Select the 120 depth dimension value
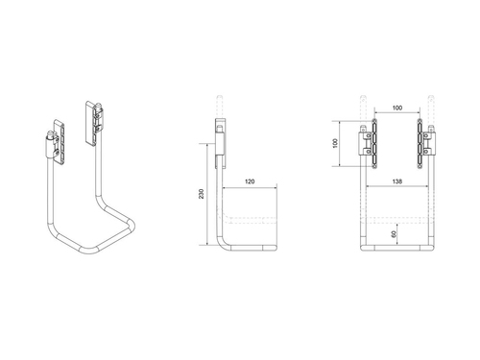coord(250,180)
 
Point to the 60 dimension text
coord(395,232)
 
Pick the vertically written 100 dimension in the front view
coord(336,143)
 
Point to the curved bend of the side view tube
coord(226,245)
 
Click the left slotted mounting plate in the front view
coord(375,134)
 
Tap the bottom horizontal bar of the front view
coord(397,252)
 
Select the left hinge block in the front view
coord(367,146)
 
